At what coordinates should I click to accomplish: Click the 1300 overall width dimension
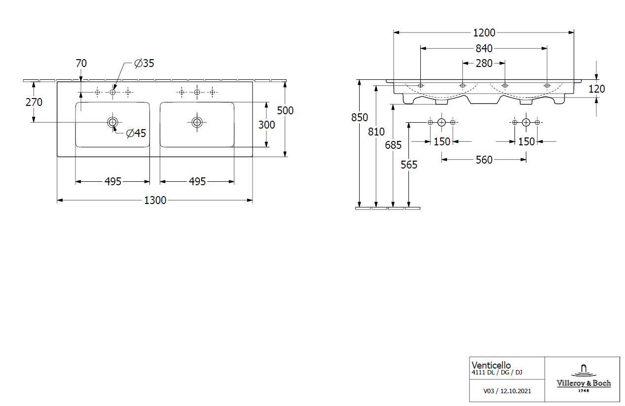coord(155,201)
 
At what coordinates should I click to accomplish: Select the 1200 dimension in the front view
coord(484,33)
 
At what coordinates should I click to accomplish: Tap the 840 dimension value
coord(484,48)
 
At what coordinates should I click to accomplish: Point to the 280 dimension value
coord(484,63)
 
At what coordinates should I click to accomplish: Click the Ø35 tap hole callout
coord(144,63)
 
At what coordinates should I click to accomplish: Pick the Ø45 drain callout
coord(136,133)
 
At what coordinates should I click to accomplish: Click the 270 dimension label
coord(34,102)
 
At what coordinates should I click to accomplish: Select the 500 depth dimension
coord(285,110)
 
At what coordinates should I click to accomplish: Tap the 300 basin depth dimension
coord(267,125)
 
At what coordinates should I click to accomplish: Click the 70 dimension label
coord(81,63)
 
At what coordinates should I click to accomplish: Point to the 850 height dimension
coord(360,117)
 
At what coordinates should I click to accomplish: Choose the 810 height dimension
coord(376,132)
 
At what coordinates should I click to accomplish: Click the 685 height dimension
coord(393,145)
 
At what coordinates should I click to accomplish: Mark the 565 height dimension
coord(409,165)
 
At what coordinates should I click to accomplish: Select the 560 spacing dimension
coord(484,160)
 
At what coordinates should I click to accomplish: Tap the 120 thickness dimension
coord(596,89)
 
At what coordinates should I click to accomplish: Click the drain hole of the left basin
coord(112,122)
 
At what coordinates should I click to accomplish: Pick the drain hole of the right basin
coord(197,122)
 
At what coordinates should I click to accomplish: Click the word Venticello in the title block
coord(491,365)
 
